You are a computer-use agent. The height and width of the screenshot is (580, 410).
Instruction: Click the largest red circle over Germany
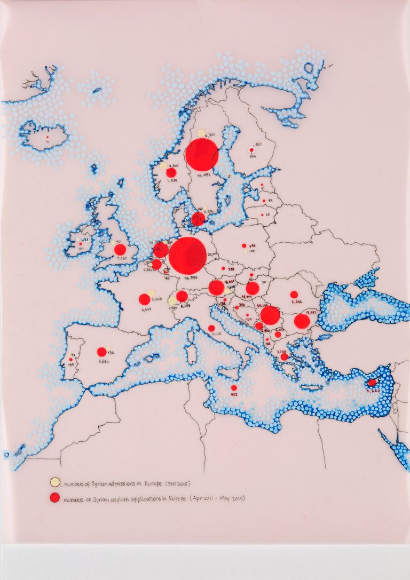tap(187, 256)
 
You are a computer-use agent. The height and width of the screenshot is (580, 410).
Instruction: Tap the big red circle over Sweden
tap(202, 154)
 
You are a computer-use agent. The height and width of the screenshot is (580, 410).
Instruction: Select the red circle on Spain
tap(101, 352)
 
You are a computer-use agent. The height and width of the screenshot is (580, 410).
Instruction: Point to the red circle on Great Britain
tap(120, 249)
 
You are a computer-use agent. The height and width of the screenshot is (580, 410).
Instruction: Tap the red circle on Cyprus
tap(372, 383)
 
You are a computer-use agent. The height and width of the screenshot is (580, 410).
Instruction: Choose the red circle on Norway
tap(171, 172)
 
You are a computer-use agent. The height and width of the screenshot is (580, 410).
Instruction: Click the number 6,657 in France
tap(144, 309)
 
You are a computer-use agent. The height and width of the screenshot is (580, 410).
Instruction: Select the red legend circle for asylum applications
tap(54, 498)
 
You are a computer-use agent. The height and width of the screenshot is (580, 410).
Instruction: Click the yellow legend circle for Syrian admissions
tap(54, 482)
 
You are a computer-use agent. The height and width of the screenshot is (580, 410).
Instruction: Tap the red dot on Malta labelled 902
tap(234, 388)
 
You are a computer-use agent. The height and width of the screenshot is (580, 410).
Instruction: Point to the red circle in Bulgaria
tap(302, 321)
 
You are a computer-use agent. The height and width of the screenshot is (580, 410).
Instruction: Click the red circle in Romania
tap(294, 295)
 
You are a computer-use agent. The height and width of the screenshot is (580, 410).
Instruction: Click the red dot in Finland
tap(251, 150)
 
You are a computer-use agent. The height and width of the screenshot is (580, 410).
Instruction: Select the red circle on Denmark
tap(198, 218)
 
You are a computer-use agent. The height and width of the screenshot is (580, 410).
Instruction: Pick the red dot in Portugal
tap(70, 360)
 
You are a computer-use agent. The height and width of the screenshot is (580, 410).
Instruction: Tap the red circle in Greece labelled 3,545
tap(284, 356)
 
